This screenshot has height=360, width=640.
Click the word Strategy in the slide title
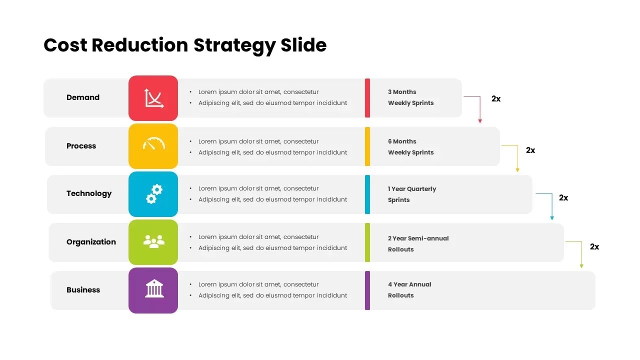[x=234, y=45]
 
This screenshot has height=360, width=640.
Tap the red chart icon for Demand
[x=153, y=98]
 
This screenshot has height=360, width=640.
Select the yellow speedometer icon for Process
[x=153, y=145]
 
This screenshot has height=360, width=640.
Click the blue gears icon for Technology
[x=153, y=194]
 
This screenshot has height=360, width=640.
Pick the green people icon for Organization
[x=153, y=242]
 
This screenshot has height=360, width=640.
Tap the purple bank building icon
[x=153, y=290]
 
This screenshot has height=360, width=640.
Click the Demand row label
[x=83, y=97]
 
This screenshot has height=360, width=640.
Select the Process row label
[x=81, y=146]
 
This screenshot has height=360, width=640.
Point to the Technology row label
[x=89, y=193]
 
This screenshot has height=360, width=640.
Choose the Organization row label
[x=91, y=242]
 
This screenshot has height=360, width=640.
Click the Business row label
[x=83, y=290]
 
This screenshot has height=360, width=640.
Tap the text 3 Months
[x=402, y=92]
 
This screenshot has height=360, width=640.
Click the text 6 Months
[x=402, y=141]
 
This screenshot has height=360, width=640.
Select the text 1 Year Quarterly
[x=412, y=189]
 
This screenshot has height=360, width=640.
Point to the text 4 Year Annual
[x=409, y=284]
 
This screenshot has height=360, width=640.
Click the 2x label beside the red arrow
[x=496, y=99]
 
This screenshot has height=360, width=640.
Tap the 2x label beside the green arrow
[x=594, y=247]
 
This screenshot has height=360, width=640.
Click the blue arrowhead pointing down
[x=552, y=217]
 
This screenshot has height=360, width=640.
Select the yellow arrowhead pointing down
[x=517, y=170]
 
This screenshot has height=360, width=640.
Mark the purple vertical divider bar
[x=367, y=290]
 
